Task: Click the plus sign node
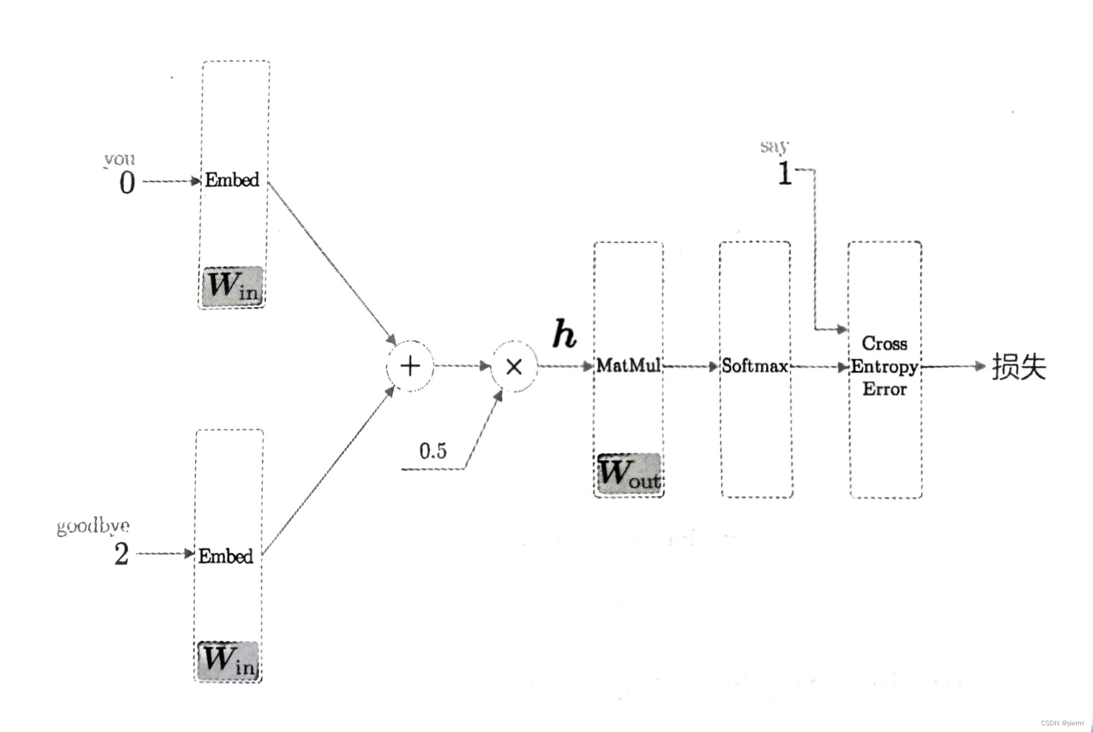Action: point(410,366)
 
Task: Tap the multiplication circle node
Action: point(514,367)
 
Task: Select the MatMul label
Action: point(628,365)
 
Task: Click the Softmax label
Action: point(755,366)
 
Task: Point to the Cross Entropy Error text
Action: point(884,366)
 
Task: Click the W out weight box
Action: point(629,473)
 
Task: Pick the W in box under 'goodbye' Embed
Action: point(228,660)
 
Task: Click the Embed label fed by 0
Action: point(232,180)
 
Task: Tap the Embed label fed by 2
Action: point(226,556)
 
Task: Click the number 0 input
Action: point(127,182)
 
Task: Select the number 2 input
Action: point(121,554)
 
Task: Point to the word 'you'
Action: point(119,159)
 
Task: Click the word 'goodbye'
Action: point(93,526)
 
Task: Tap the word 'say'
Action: point(774,147)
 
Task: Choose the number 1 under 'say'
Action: point(785,173)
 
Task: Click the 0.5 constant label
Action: point(433,451)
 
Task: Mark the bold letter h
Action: point(564,333)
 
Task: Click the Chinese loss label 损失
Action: point(1019,366)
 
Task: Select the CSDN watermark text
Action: point(1062,723)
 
